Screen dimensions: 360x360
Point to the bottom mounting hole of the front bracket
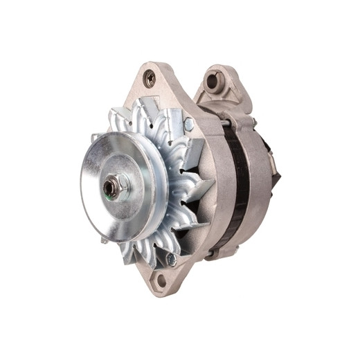161,280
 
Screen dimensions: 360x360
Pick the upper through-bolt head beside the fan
189,125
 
